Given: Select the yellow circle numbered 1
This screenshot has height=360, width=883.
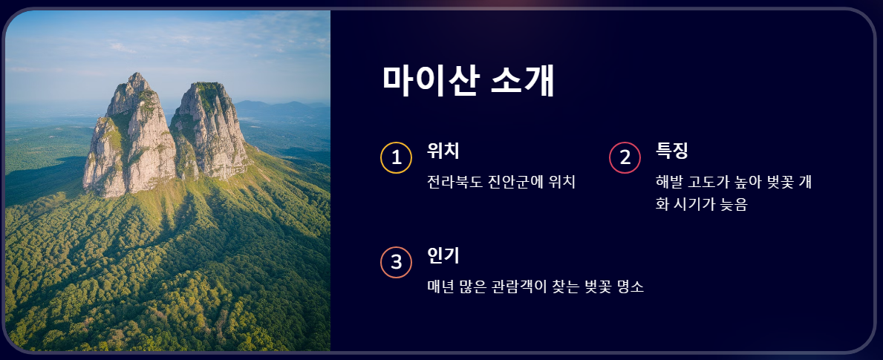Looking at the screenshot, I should (397, 157).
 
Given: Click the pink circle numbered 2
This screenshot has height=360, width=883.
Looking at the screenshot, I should (625, 157).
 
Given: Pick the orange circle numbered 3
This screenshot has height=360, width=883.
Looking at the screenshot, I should (397, 262).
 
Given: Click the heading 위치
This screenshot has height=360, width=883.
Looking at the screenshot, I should (443, 151).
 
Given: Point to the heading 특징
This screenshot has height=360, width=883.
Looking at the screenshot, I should (672, 151).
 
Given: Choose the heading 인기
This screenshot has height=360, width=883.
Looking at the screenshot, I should (443, 255).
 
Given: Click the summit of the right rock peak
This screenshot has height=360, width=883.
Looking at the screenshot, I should (208, 85).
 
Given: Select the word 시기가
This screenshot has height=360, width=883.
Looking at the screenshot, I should (695, 206).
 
